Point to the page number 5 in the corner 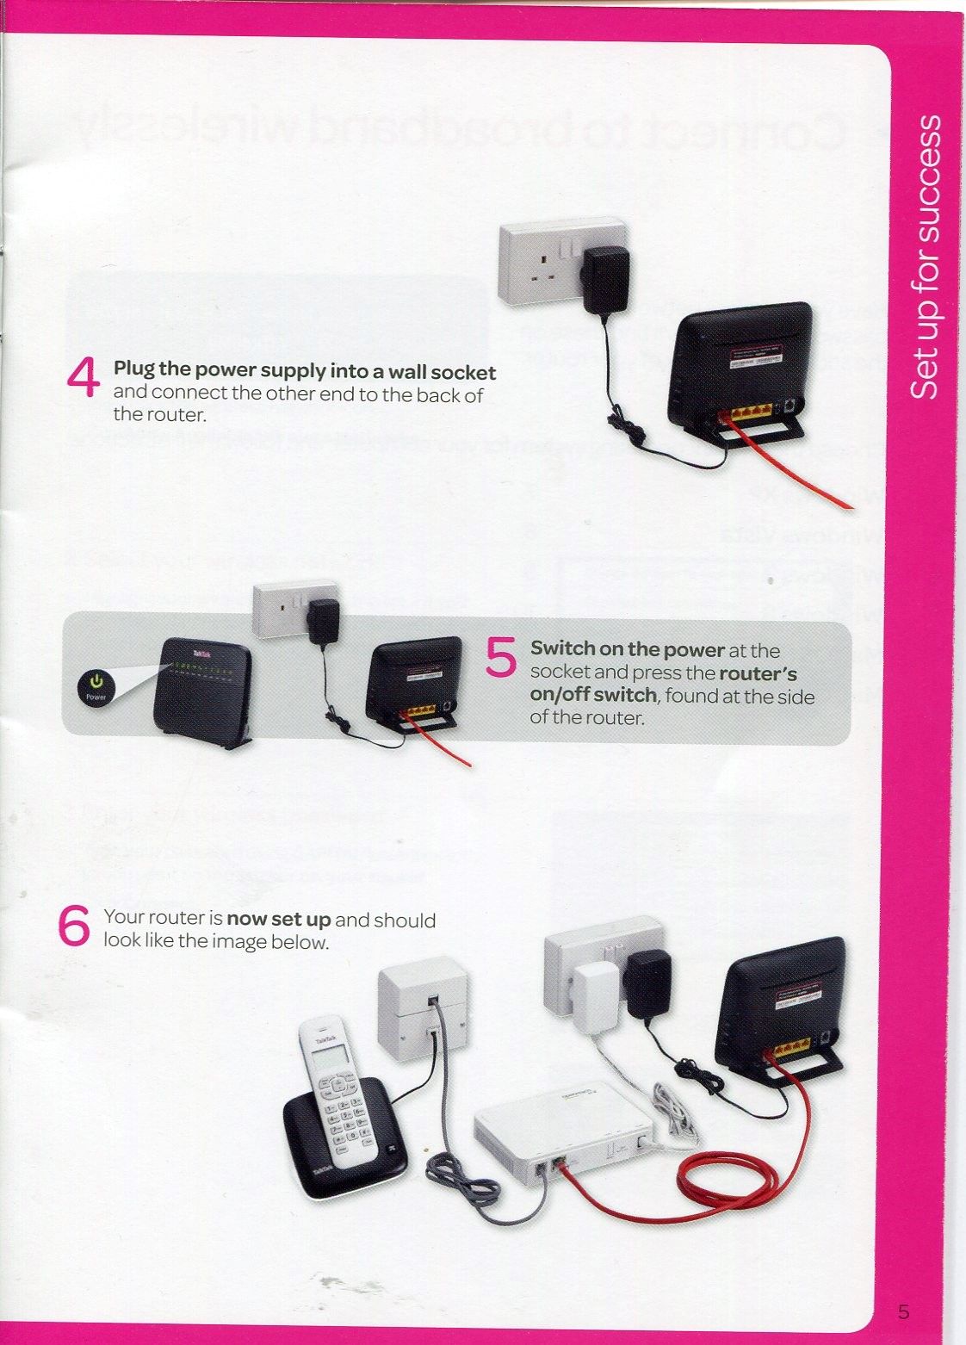[x=902, y=1312]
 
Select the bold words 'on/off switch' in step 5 [x=593, y=695]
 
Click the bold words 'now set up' [x=278, y=920]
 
